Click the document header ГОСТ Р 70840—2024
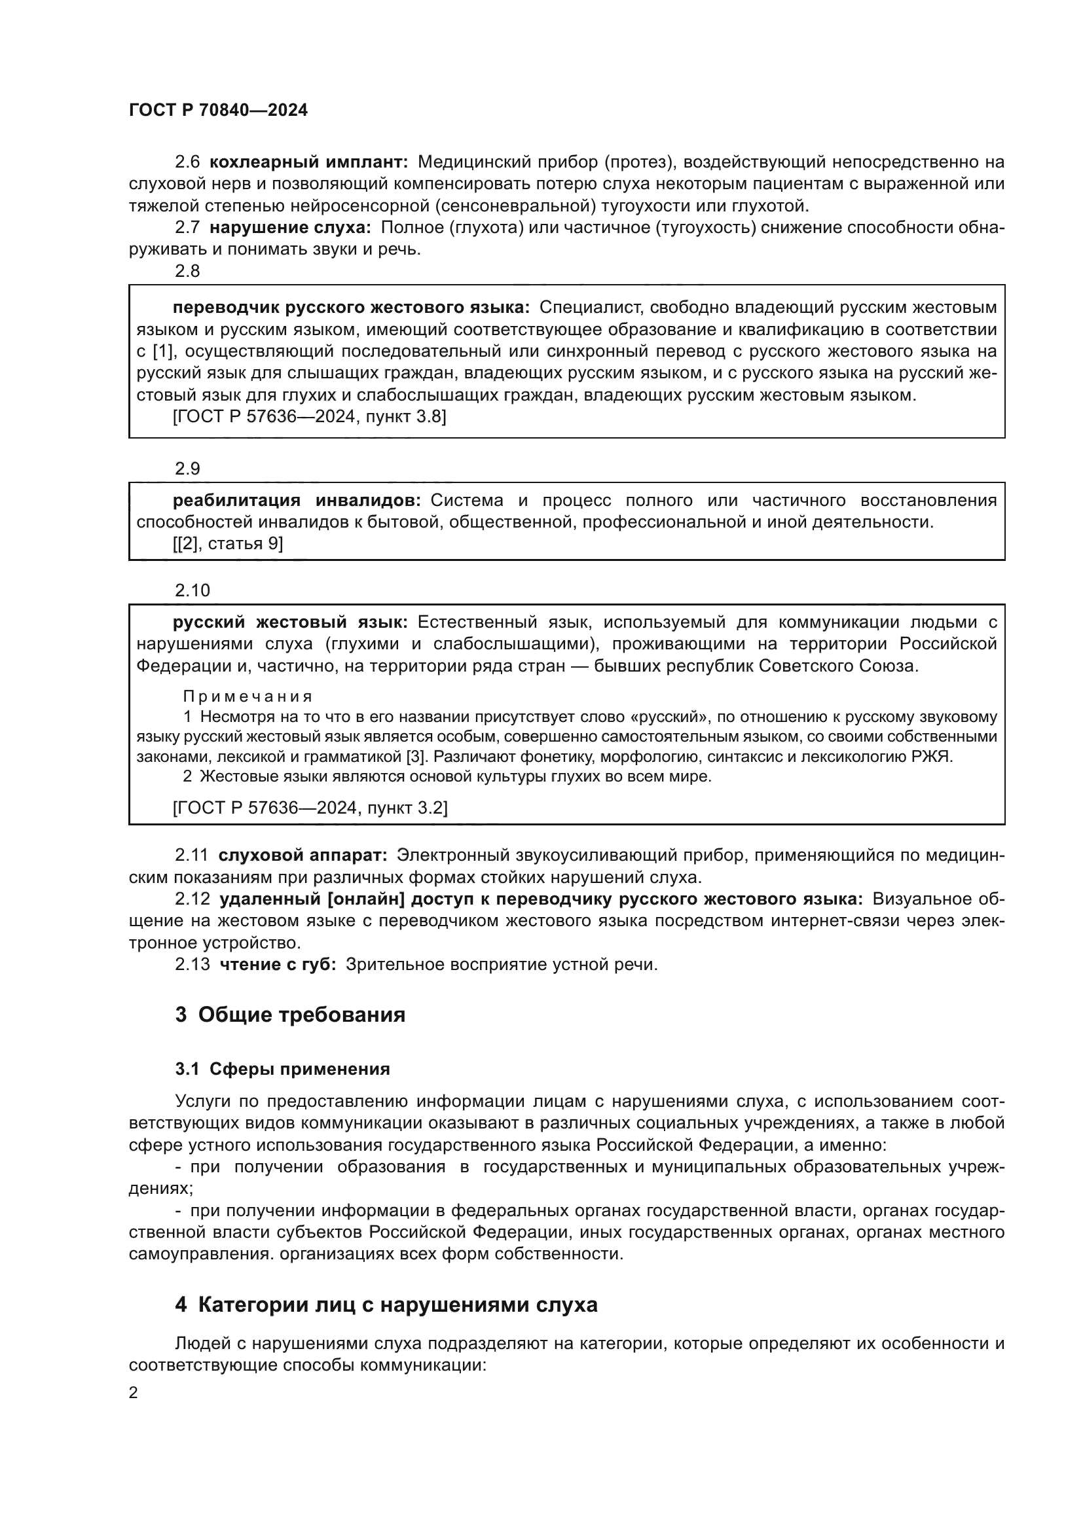click(218, 111)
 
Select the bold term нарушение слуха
click(290, 227)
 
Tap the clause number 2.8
click(187, 271)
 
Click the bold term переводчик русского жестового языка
click(351, 308)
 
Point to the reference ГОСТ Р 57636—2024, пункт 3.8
click(310, 417)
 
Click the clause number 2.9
click(187, 469)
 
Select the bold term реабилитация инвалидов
click(297, 500)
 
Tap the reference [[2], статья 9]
click(228, 543)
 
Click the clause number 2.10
click(192, 590)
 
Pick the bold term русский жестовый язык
click(290, 622)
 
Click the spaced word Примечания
click(248, 697)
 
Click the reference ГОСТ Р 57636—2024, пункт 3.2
click(310, 808)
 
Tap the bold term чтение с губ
click(278, 964)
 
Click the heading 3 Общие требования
click(290, 1015)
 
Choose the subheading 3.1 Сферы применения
click(282, 1069)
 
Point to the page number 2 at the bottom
click(134, 1393)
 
